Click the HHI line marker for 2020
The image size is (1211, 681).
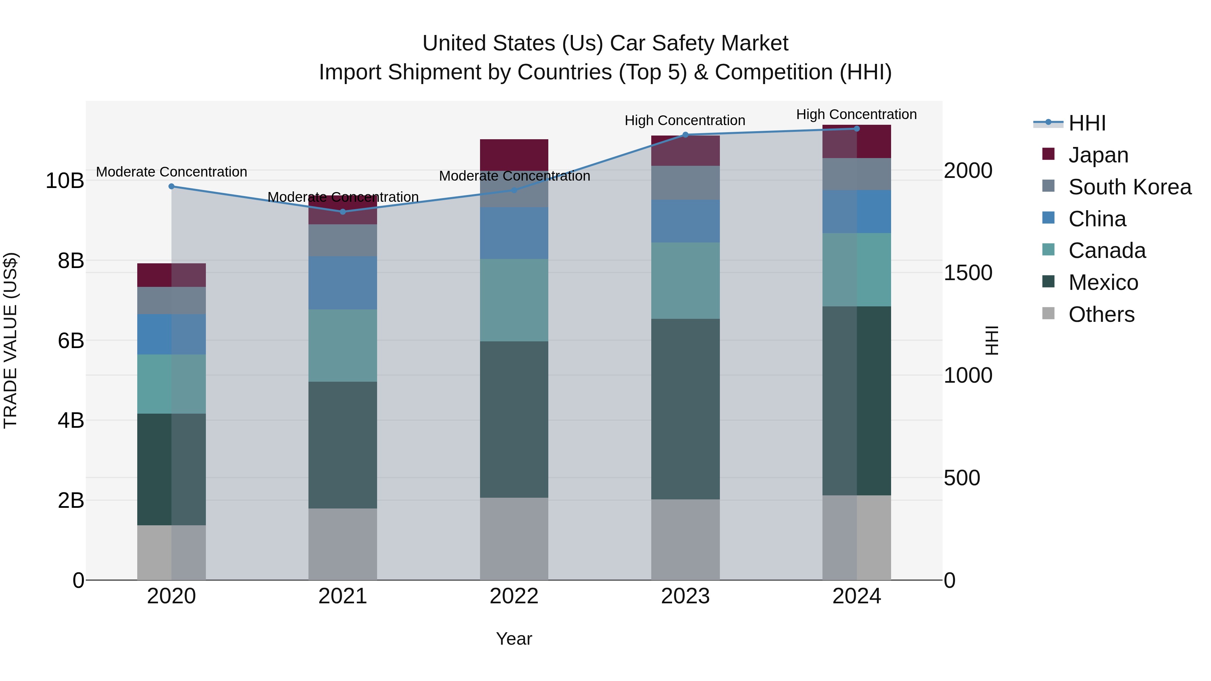pos(172,187)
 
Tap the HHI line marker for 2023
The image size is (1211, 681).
pos(685,135)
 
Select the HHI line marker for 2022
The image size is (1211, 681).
pos(514,190)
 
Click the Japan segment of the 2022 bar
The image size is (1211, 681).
pos(514,155)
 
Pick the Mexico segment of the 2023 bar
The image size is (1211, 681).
pos(685,409)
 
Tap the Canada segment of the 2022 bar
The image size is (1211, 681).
pos(514,300)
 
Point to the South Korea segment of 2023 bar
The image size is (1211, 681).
pos(685,183)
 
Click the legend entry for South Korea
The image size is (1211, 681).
pos(1130,187)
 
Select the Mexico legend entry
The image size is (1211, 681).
pos(1103,282)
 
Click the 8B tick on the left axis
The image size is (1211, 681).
pos(71,261)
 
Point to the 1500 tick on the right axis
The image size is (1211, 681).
pos(968,273)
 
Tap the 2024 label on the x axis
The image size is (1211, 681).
pos(856,596)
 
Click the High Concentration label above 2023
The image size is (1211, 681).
pos(685,120)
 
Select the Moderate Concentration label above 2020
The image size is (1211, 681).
pos(172,172)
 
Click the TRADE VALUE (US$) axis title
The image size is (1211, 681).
pos(10,340)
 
